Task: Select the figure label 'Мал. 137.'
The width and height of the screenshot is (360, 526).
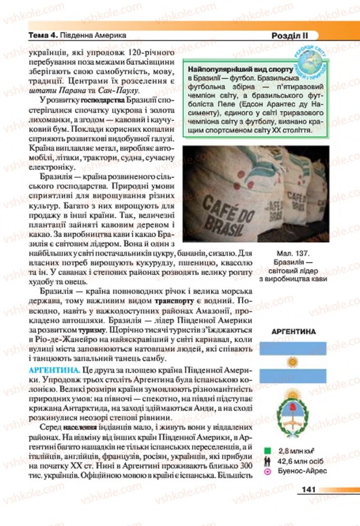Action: pyautogui.click(x=292, y=252)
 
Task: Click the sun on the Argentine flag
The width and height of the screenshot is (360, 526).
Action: pyautogui.click(x=292, y=362)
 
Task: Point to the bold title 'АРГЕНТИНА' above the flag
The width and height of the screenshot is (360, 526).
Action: pyautogui.click(x=293, y=332)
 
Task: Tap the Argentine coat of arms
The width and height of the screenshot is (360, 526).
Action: pyautogui.click(x=292, y=413)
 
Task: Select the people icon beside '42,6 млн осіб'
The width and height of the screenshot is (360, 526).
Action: pyautogui.click(x=266, y=460)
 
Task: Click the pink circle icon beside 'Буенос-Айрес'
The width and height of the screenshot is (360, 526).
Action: pyautogui.click(x=266, y=471)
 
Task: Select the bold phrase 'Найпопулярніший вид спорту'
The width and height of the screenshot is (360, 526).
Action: pyautogui.click(x=240, y=69)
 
